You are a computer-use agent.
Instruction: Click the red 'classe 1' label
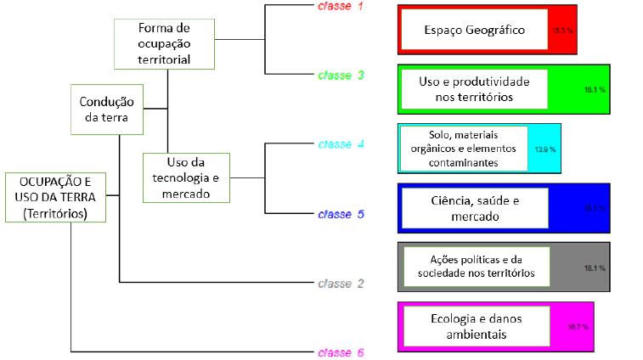341,7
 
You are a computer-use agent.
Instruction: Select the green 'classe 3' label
341,75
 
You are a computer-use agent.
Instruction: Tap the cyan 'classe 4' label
341,143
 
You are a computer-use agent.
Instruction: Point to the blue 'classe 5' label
341,214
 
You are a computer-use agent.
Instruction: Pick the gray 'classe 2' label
341,283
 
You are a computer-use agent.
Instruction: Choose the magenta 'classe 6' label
341,352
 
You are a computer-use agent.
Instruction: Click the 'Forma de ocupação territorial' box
163,44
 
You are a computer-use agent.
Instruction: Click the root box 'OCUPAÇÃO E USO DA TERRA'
56,197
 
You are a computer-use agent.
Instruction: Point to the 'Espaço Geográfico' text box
474,31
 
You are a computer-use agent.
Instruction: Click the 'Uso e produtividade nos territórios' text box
474,89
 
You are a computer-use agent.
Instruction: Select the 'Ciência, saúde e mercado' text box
474,208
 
